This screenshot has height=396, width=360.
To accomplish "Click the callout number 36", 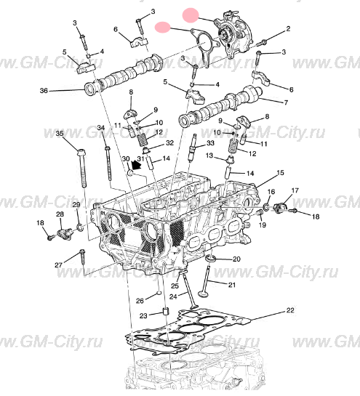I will coord(43,91).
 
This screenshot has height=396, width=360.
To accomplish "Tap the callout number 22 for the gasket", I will coord(289,310).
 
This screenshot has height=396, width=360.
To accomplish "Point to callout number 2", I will coord(287,29).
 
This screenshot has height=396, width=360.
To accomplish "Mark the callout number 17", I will coord(295,190).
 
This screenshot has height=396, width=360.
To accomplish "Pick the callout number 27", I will coord(58,266).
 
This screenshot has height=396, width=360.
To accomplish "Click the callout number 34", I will coord(101,129).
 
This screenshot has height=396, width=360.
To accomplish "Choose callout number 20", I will coord(236,259).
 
